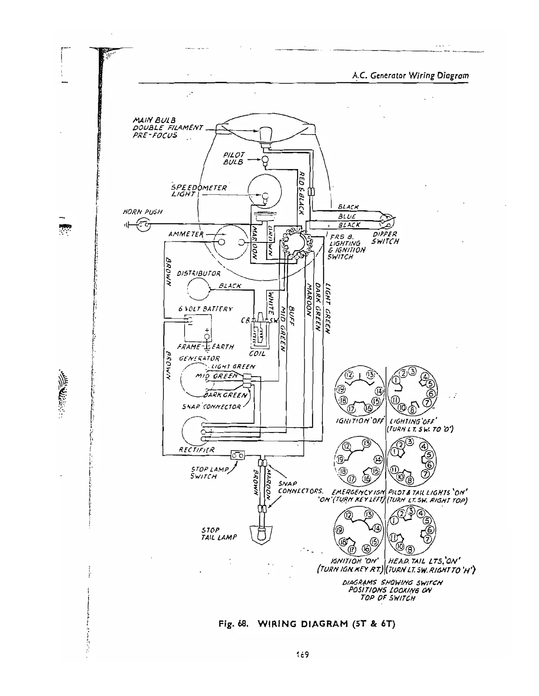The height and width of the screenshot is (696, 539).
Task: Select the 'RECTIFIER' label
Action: click(196, 450)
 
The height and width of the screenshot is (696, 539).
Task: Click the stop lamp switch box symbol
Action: click(238, 455)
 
